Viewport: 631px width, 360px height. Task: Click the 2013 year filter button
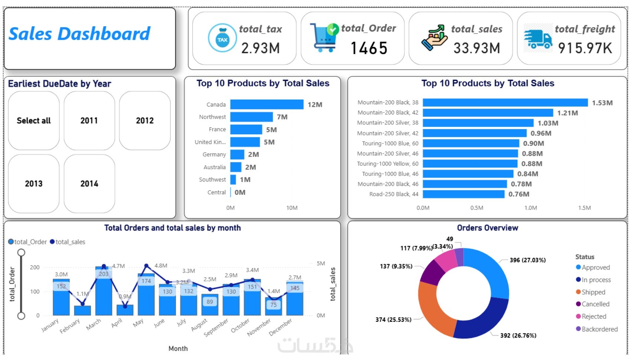click(34, 184)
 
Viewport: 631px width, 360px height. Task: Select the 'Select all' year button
click(34, 121)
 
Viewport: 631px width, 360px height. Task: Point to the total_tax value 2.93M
click(260, 48)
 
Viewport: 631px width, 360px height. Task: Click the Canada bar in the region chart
click(267, 105)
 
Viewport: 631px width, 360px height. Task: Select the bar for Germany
click(237, 154)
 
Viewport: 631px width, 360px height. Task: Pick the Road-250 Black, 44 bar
click(463, 194)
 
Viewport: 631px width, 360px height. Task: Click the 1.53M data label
click(602, 103)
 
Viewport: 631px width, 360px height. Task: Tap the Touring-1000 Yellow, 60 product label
click(388, 164)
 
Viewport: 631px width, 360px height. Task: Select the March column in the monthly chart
click(104, 291)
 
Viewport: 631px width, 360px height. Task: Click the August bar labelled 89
click(210, 304)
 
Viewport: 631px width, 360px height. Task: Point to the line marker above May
click(146, 266)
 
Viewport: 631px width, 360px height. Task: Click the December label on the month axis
click(280, 327)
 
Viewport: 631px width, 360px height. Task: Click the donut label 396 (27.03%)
click(527, 260)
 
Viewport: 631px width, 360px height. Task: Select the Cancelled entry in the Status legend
click(595, 304)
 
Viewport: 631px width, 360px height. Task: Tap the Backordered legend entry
click(599, 329)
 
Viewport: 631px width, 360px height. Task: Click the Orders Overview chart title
click(487, 228)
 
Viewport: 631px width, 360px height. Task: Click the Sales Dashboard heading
click(79, 34)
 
